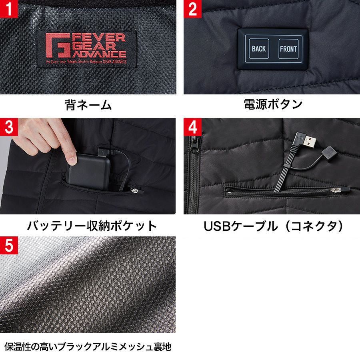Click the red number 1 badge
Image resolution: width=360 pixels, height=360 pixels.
pyautogui.click(x=9, y=9)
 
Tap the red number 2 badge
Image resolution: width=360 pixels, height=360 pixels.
pyautogui.click(x=193, y=9)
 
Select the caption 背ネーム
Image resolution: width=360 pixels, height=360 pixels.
pyautogui.click(x=88, y=105)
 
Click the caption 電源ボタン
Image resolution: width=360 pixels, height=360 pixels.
pyautogui.click(x=273, y=105)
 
